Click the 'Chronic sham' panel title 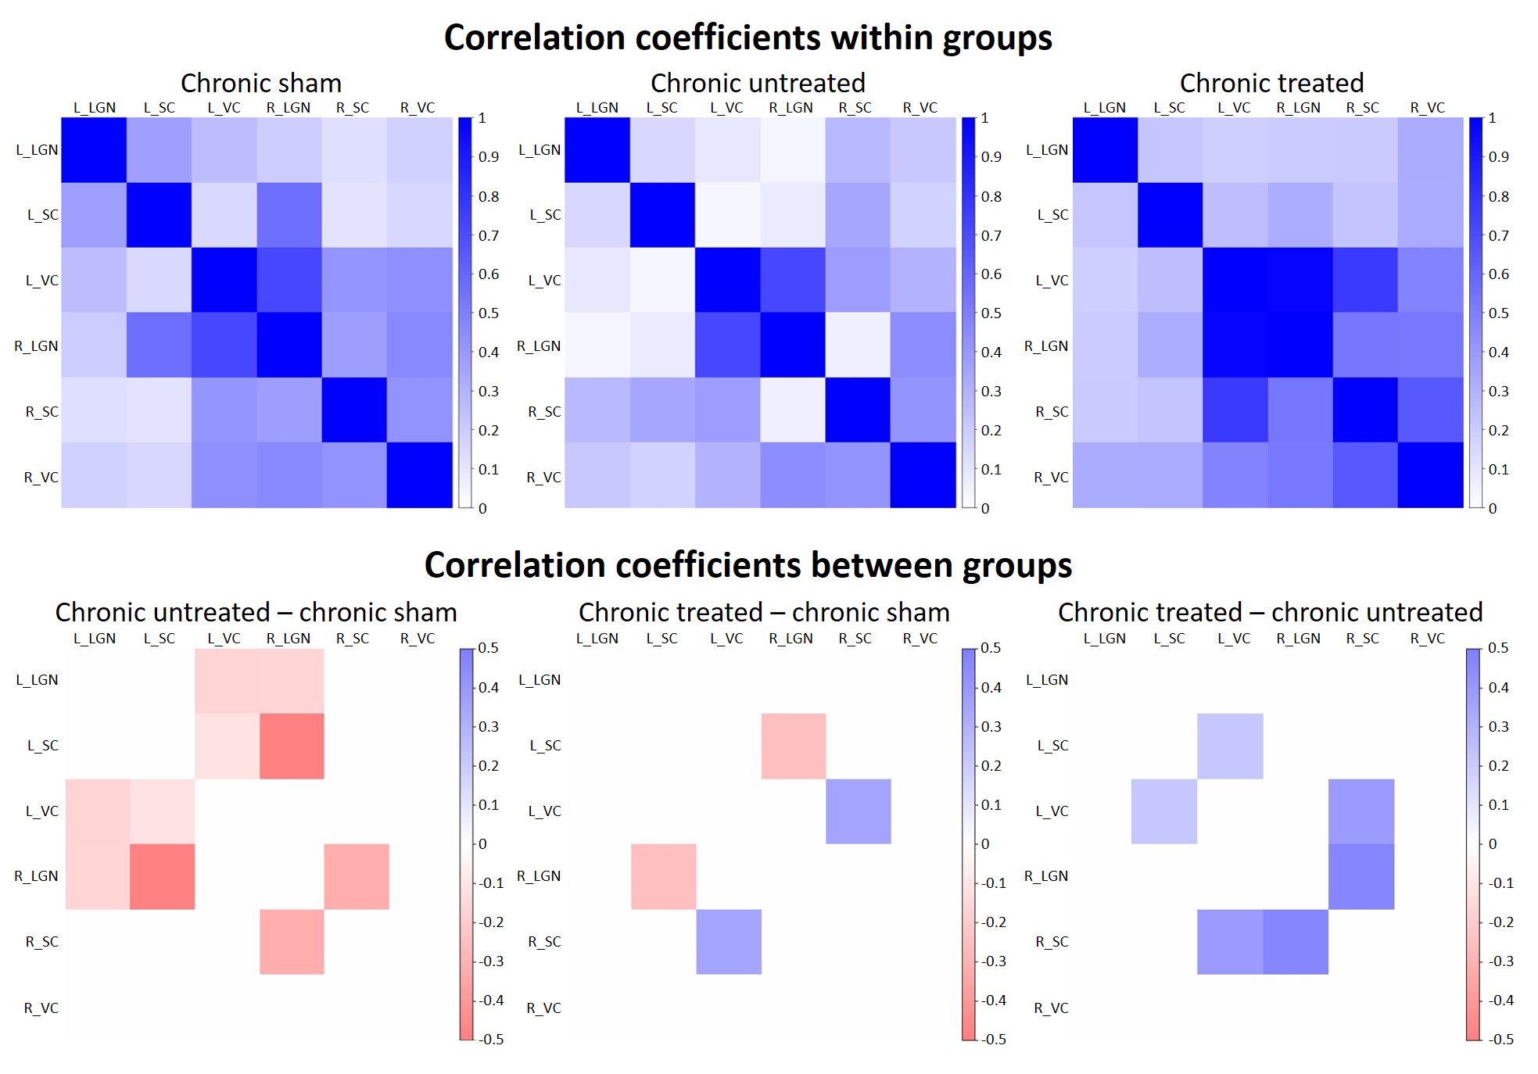(x=260, y=83)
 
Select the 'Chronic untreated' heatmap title (x=757, y=83)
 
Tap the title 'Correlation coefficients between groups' (x=747, y=564)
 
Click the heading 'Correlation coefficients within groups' (x=747, y=38)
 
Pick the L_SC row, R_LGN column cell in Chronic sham (x=289, y=215)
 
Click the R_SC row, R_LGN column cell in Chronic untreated (x=792, y=410)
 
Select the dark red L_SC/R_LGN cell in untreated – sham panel (x=292, y=746)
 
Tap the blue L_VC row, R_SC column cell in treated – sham (x=858, y=811)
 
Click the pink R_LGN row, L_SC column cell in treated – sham (x=663, y=876)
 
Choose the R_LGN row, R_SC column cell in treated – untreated (x=1361, y=876)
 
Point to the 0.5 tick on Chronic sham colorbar (x=489, y=313)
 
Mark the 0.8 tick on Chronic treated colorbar (x=1498, y=196)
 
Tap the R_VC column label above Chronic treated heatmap (x=1427, y=108)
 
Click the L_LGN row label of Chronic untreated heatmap (x=540, y=150)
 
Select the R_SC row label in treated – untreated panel (x=1052, y=942)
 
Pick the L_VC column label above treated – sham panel (x=726, y=639)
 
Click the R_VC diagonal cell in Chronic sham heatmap (x=419, y=475)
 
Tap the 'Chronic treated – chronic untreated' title (x=1270, y=612)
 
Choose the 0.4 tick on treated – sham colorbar (x=991, y=688)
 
